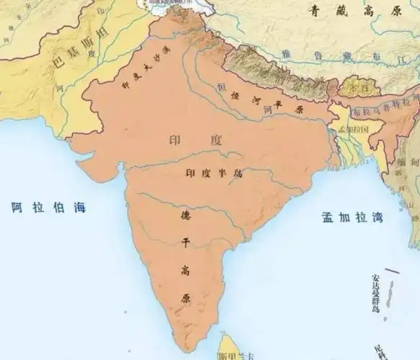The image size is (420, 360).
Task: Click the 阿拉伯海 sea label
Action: (x=48, y=207)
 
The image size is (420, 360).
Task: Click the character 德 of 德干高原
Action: (x=184, y=214)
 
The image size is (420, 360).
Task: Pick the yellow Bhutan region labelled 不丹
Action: (x=354, y=88)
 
